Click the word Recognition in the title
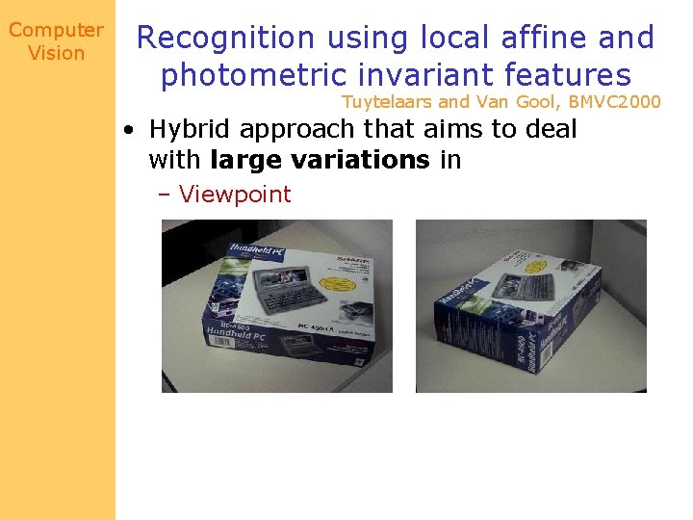226,39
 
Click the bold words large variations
319,160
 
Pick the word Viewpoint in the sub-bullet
235,194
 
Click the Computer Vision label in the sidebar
56,42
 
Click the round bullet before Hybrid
128,129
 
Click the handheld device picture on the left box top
283,290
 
